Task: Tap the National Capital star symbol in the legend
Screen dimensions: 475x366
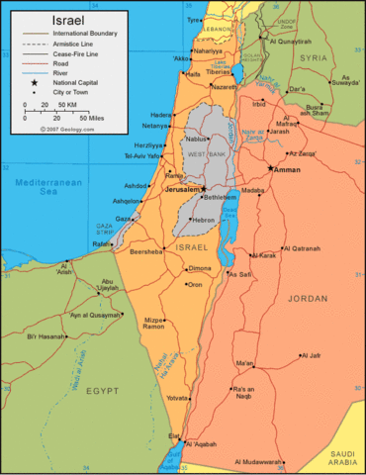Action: point(33,82)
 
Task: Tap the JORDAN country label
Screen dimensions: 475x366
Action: point(306,296)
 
